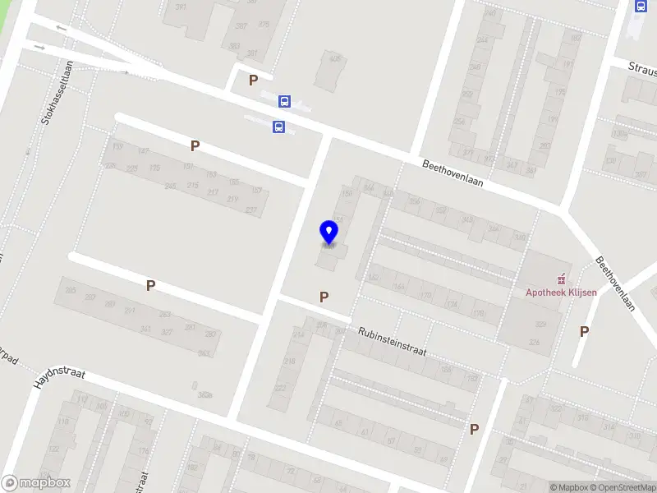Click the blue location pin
(x=328, y=233)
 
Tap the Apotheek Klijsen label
(x=562, y=292)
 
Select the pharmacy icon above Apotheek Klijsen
(x=563, y=277)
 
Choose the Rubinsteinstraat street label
(x=392, y=341)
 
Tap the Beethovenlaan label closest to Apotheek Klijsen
(x=616, y=284)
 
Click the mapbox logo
(x=36, y=483)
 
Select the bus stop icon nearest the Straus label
(x=641, y=6)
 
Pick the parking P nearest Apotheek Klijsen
(x=584, y=331)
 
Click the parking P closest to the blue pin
(x=324, y=297)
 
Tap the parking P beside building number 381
(x=254, y=81)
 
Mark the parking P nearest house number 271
(x=150, y=285)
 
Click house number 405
(x=334, y=59)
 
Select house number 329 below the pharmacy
(x=540, y=325)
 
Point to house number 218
(x=289, y=362)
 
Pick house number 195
(x=561, y=92)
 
